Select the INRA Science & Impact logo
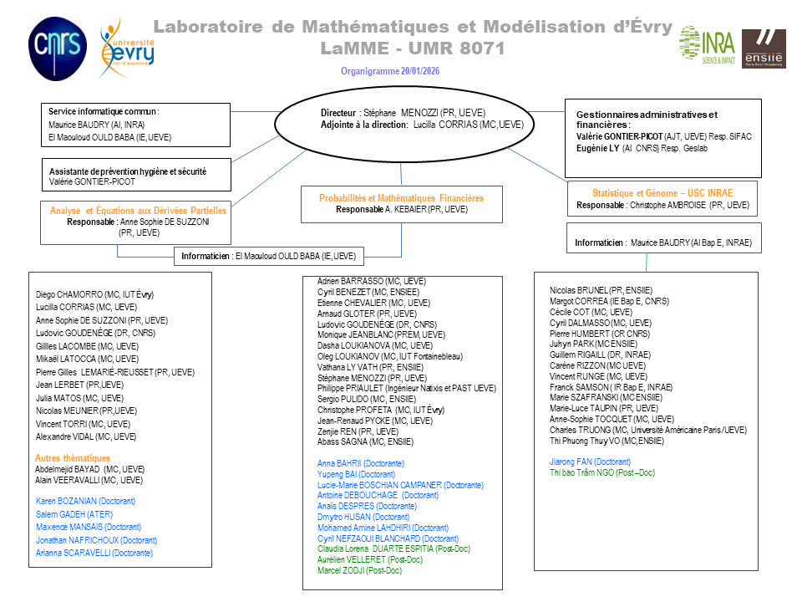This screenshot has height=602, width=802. (706, 44)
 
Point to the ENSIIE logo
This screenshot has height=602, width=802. (763, 48)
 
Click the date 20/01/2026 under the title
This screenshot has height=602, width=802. (419, 71)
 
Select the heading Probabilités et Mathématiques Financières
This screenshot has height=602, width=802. (402, 198)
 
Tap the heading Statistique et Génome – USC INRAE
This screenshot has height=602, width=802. (662, 192)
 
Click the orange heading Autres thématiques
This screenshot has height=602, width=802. (73, 458)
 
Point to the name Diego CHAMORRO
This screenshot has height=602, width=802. (65, 294)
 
